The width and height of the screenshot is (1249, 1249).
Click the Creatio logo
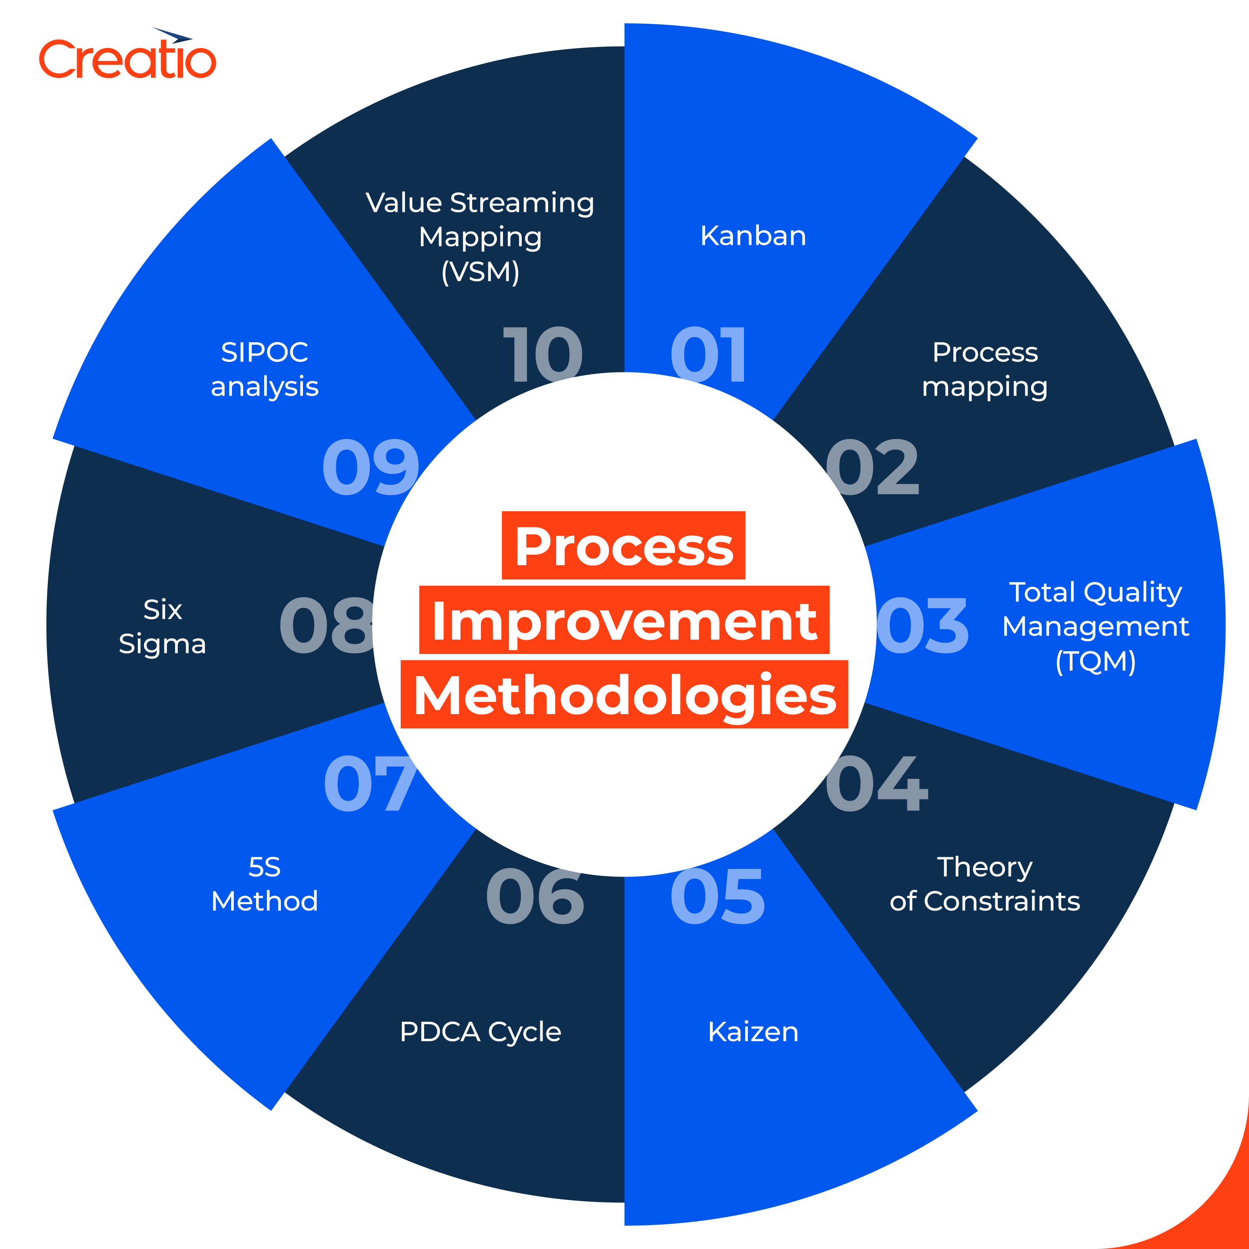pos(127,57)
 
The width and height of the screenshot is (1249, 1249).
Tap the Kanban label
pos(753,236)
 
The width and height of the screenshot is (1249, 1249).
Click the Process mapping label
pos(984,369)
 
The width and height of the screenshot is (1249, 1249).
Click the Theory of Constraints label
pos(984,884)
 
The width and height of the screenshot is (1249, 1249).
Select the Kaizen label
pos(753,1032)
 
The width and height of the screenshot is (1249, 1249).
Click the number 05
pos(718,897)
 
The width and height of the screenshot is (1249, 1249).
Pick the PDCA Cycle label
pos(480,1032)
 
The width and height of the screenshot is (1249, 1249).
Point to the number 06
pos(535,897)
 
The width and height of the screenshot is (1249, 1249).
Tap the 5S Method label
pos(265,884)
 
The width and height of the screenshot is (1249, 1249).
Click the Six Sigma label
pos(162,626)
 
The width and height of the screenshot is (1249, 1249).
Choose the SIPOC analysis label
pos(265,369)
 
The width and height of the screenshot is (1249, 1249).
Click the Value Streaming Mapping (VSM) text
pos(480,237)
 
